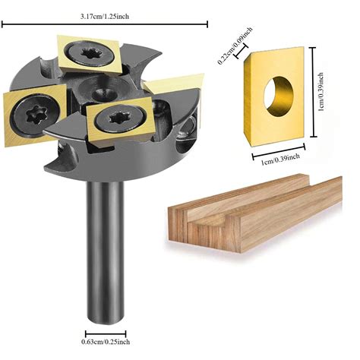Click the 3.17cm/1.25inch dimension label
(104, 15)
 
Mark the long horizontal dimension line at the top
(104, 25)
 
